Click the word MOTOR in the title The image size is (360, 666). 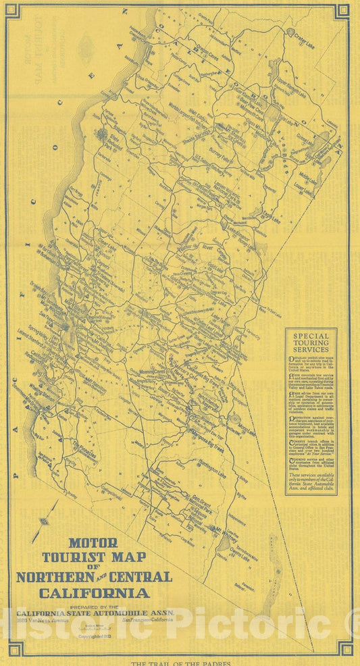point(93,542)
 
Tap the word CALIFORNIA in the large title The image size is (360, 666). point(95,594)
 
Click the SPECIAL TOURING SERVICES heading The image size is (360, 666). point(311,343)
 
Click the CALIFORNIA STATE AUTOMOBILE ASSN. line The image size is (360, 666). point(95,613)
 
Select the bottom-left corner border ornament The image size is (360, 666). point(15,649)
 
